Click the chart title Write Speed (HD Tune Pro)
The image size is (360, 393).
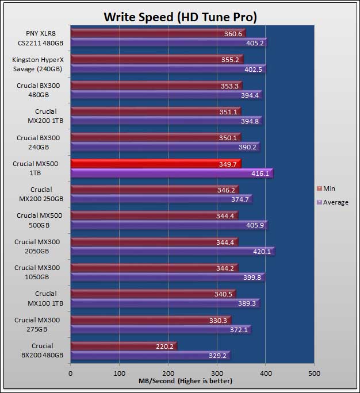[x=179, y=17]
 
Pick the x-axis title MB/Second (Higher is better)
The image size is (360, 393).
[x=185, y=381]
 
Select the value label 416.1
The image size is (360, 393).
[x=258, y=173]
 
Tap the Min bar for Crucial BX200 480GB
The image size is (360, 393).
[x=124, y=346]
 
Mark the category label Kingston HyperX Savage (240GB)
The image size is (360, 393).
[x=37, y=64]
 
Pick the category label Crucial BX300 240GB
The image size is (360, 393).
[x=37, y=142]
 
